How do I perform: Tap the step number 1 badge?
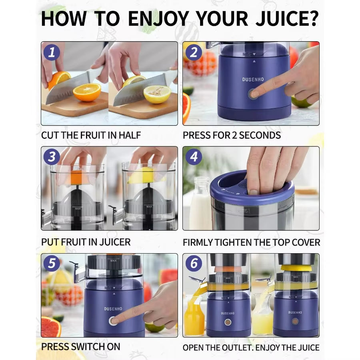point(52,52)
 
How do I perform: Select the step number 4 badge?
point(194,156)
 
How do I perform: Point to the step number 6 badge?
point(194,264)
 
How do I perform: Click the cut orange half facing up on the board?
point(87,92)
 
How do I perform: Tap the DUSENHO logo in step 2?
point(253,80)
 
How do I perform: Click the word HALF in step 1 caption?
point(130,135)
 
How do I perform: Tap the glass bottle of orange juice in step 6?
point(194,316)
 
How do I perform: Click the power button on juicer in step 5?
point(113,320)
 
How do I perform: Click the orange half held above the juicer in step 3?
point(80,176)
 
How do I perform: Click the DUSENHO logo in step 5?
point(113,308)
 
